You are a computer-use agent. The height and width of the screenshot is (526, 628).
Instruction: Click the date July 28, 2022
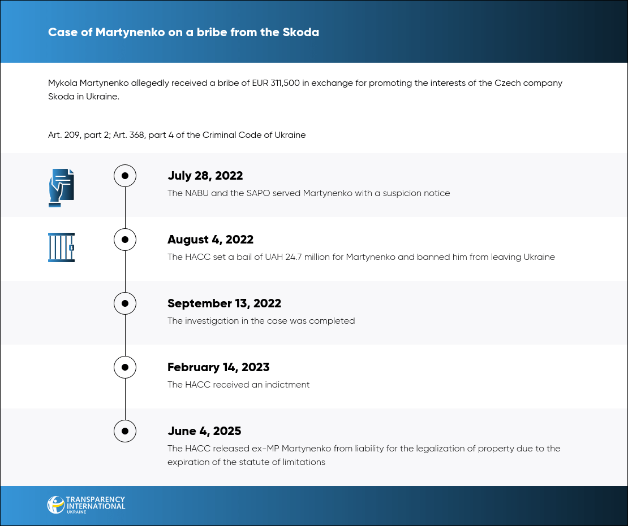click(x=205, y=176)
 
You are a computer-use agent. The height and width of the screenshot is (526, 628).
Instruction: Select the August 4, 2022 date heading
click(x=210, y=240)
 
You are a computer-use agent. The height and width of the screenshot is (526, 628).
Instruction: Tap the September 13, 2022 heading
click(x=224, y=303)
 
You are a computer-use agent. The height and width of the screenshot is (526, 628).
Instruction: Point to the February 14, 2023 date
click(x=218, y=367)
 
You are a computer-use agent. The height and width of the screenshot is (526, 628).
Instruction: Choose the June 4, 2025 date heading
click(x=204, y=431)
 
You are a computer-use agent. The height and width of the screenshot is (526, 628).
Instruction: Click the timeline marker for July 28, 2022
click(x=125, y=176)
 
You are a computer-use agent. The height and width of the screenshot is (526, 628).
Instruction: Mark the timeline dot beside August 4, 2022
click(x=125, y=240)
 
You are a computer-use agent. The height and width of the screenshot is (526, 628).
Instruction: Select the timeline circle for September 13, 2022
click(x=125, y=303)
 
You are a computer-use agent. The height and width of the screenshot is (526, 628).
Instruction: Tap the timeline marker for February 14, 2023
click(x=125, y=367)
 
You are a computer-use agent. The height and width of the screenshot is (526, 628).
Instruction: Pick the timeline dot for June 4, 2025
click(x=125, y=431)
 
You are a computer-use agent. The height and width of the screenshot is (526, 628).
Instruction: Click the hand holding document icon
click(x=61, y=188)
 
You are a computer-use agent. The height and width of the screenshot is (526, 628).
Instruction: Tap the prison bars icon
click(x=61, y=247)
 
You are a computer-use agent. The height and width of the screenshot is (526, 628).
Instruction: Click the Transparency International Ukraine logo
click(x=86, y=505)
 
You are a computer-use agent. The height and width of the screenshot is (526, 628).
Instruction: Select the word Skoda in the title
click(x=301, y=32)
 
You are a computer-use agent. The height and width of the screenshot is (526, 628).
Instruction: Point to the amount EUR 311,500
click(x=276, y=83)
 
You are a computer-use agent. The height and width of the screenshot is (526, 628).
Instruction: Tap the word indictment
click(x=287, y=385)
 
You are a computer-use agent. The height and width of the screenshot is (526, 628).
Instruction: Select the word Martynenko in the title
click(x=130, y=32)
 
